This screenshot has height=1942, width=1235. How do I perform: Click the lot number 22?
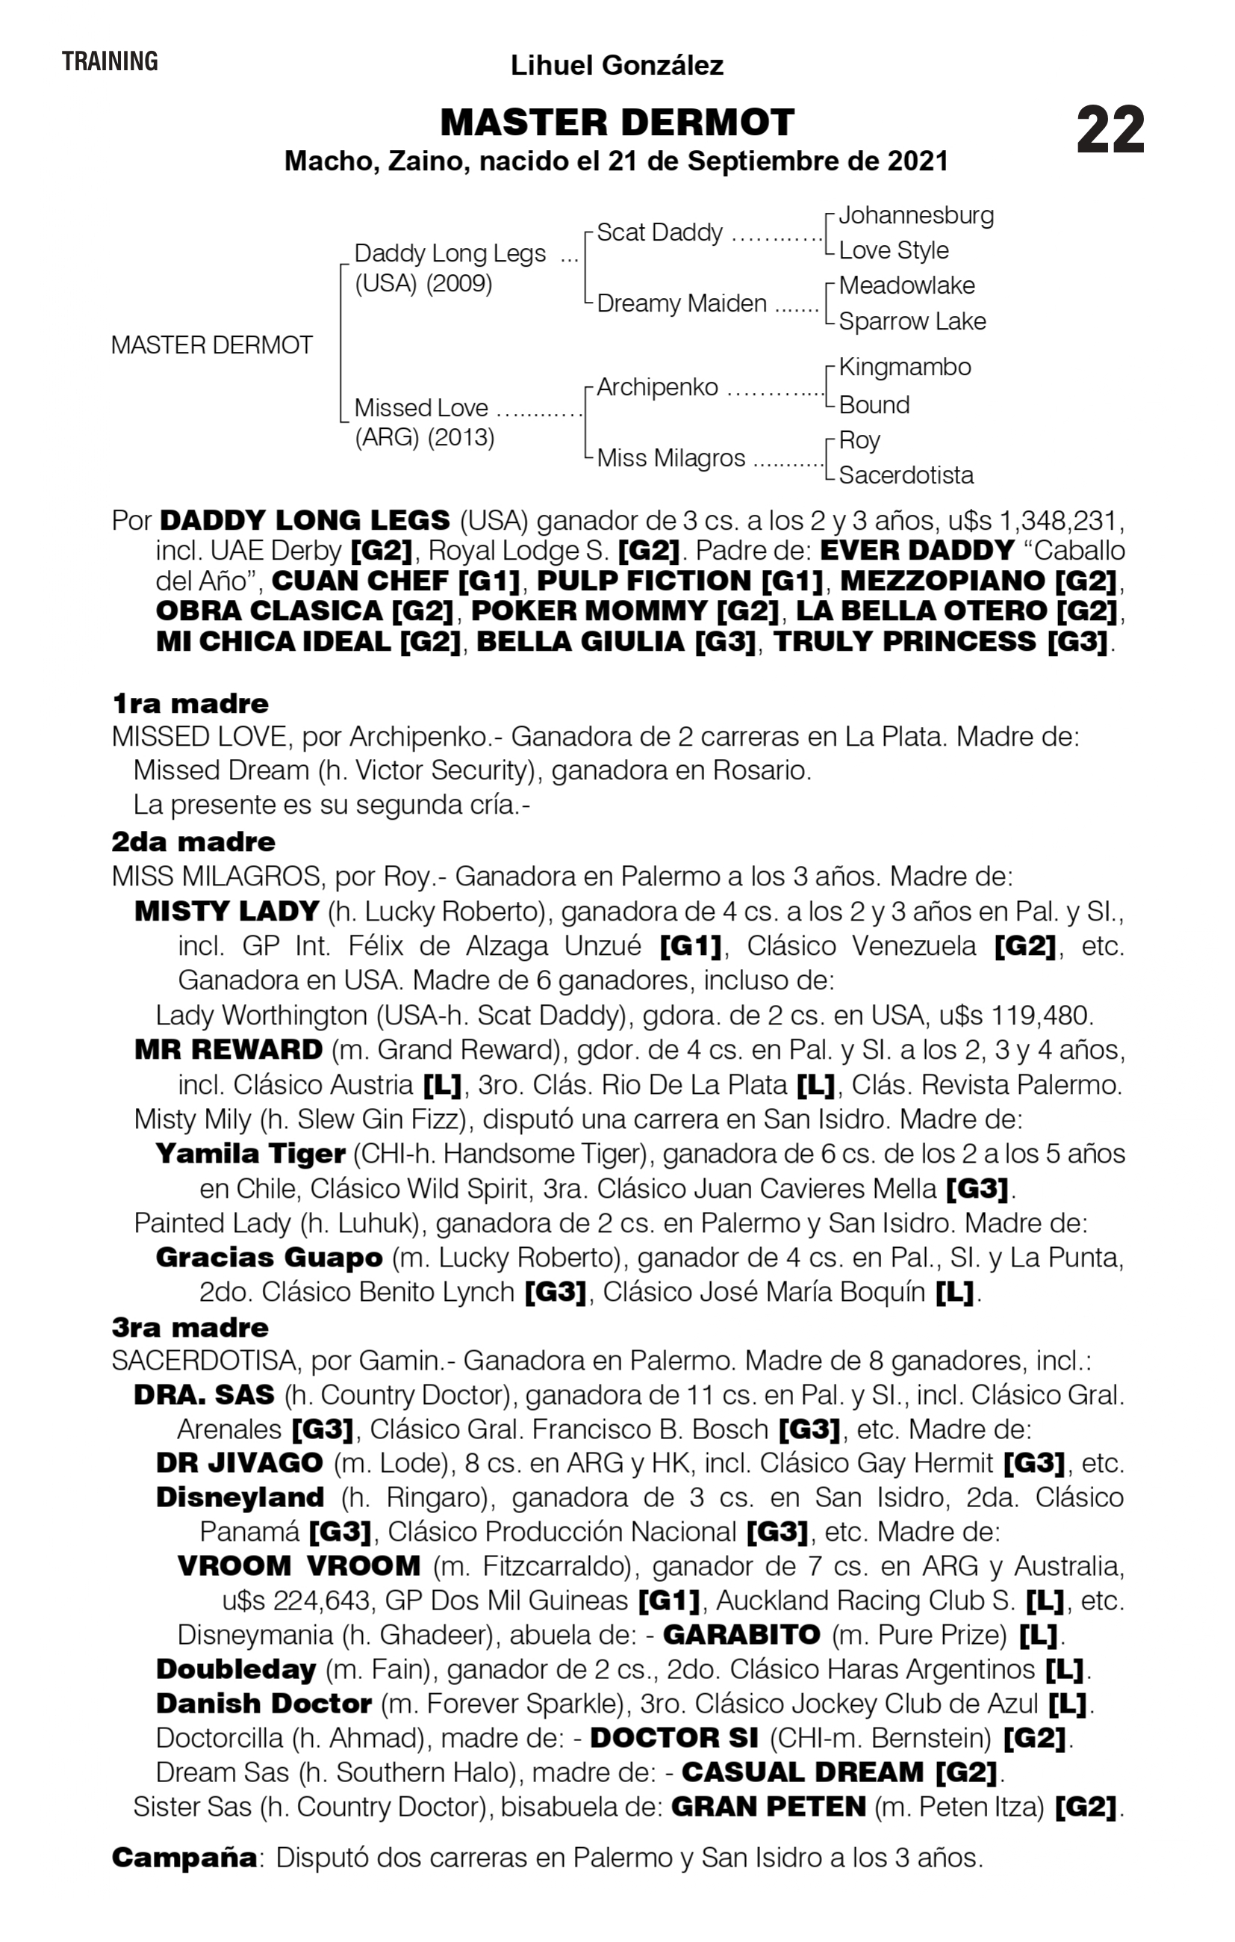point(1110,130)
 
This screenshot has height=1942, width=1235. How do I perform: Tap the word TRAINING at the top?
point(110,61)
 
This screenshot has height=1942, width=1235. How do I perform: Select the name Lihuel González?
point(617,65)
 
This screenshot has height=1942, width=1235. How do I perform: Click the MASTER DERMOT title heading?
point(617,123)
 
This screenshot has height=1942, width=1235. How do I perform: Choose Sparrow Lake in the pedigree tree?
point(912,321)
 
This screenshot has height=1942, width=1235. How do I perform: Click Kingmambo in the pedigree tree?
point(904,367)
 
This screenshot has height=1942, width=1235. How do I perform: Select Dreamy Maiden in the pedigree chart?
point(681,303)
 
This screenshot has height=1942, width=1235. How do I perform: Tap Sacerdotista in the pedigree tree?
point(906,475)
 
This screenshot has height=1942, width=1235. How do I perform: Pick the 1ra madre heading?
point(190,703)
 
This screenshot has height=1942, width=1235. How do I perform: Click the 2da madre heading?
point(193,842)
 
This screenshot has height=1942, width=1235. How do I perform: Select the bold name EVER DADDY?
point(917,550)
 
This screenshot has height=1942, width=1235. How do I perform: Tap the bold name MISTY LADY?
point(226,912)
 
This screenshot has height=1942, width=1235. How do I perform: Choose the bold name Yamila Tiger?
point(250,1154)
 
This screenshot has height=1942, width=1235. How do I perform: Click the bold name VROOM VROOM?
point(298,1566)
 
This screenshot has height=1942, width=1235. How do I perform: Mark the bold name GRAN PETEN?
point(768,1807)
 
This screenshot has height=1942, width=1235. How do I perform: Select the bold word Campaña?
point(184,1858)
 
